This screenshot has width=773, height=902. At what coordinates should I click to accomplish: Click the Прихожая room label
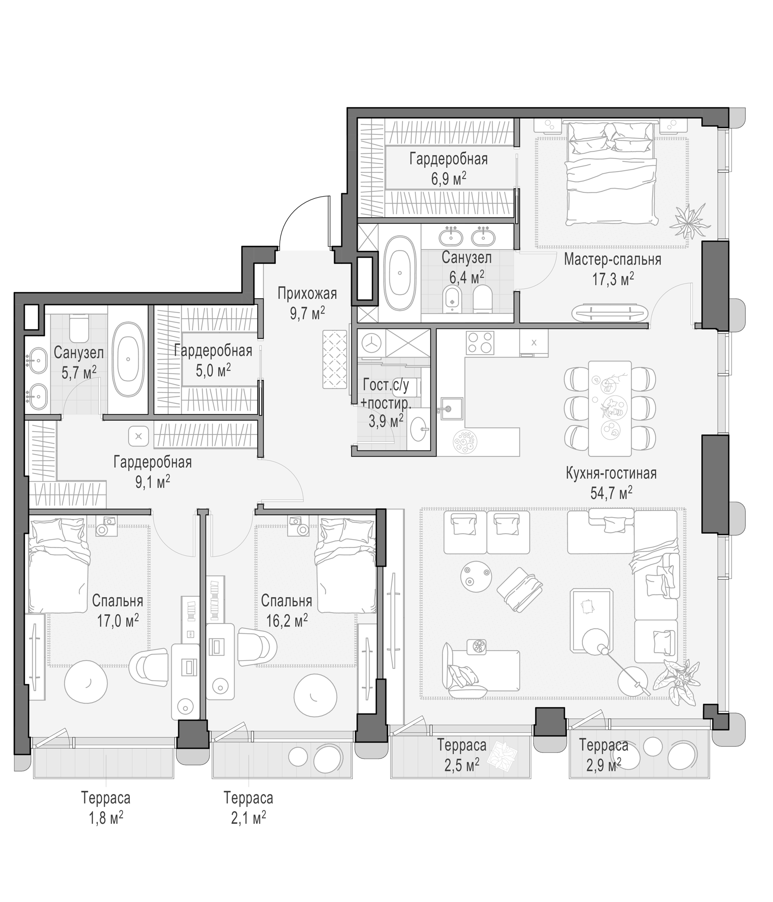click(307, 293)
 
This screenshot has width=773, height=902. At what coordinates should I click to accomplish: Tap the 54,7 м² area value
click(611, 492)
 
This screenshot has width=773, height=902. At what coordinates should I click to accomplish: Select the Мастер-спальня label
click(612, 259)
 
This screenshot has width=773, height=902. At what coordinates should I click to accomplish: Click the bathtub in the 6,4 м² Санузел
click(400, 273)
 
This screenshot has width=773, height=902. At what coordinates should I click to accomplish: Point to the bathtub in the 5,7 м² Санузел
click(128, 360)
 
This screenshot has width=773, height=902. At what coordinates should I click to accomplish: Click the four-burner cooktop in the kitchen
click(480, 343)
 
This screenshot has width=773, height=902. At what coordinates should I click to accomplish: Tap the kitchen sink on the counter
click(451, 408)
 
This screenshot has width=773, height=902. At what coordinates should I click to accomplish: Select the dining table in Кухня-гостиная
click(609, 408)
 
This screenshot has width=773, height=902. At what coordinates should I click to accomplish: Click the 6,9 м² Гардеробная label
click(449, 168)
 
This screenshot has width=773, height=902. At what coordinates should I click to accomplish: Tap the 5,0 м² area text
click(213, 370)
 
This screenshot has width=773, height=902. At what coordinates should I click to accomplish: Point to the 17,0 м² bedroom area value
click(118, 620)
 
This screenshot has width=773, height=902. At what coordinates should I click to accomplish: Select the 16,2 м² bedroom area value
click(287, 620)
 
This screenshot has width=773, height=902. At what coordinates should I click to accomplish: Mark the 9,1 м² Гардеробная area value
click(152, 482)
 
